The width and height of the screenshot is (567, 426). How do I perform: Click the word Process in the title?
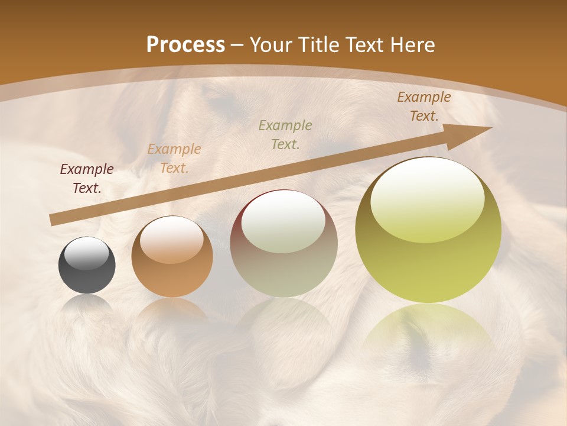[x=185, y=45]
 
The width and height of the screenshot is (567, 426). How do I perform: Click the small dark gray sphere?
[x=87, y=266]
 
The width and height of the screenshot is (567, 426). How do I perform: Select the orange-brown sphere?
[x=172, y=257]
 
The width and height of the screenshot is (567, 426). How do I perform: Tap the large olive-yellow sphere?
[x=428, y=231]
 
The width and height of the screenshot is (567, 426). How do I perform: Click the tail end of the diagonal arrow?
[x=54, y=220]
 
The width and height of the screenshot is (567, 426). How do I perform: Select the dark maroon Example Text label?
[x=87, y=179]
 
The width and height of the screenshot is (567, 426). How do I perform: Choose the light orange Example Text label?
[x=174, y=159]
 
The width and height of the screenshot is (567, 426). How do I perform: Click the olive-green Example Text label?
[x=285, y=134]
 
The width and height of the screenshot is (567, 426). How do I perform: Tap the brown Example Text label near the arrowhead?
[x=423, y=106]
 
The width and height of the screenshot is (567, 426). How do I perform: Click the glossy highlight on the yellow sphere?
[x=427, y=198]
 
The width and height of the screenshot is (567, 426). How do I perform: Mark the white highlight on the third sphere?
[x=283, y=222]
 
